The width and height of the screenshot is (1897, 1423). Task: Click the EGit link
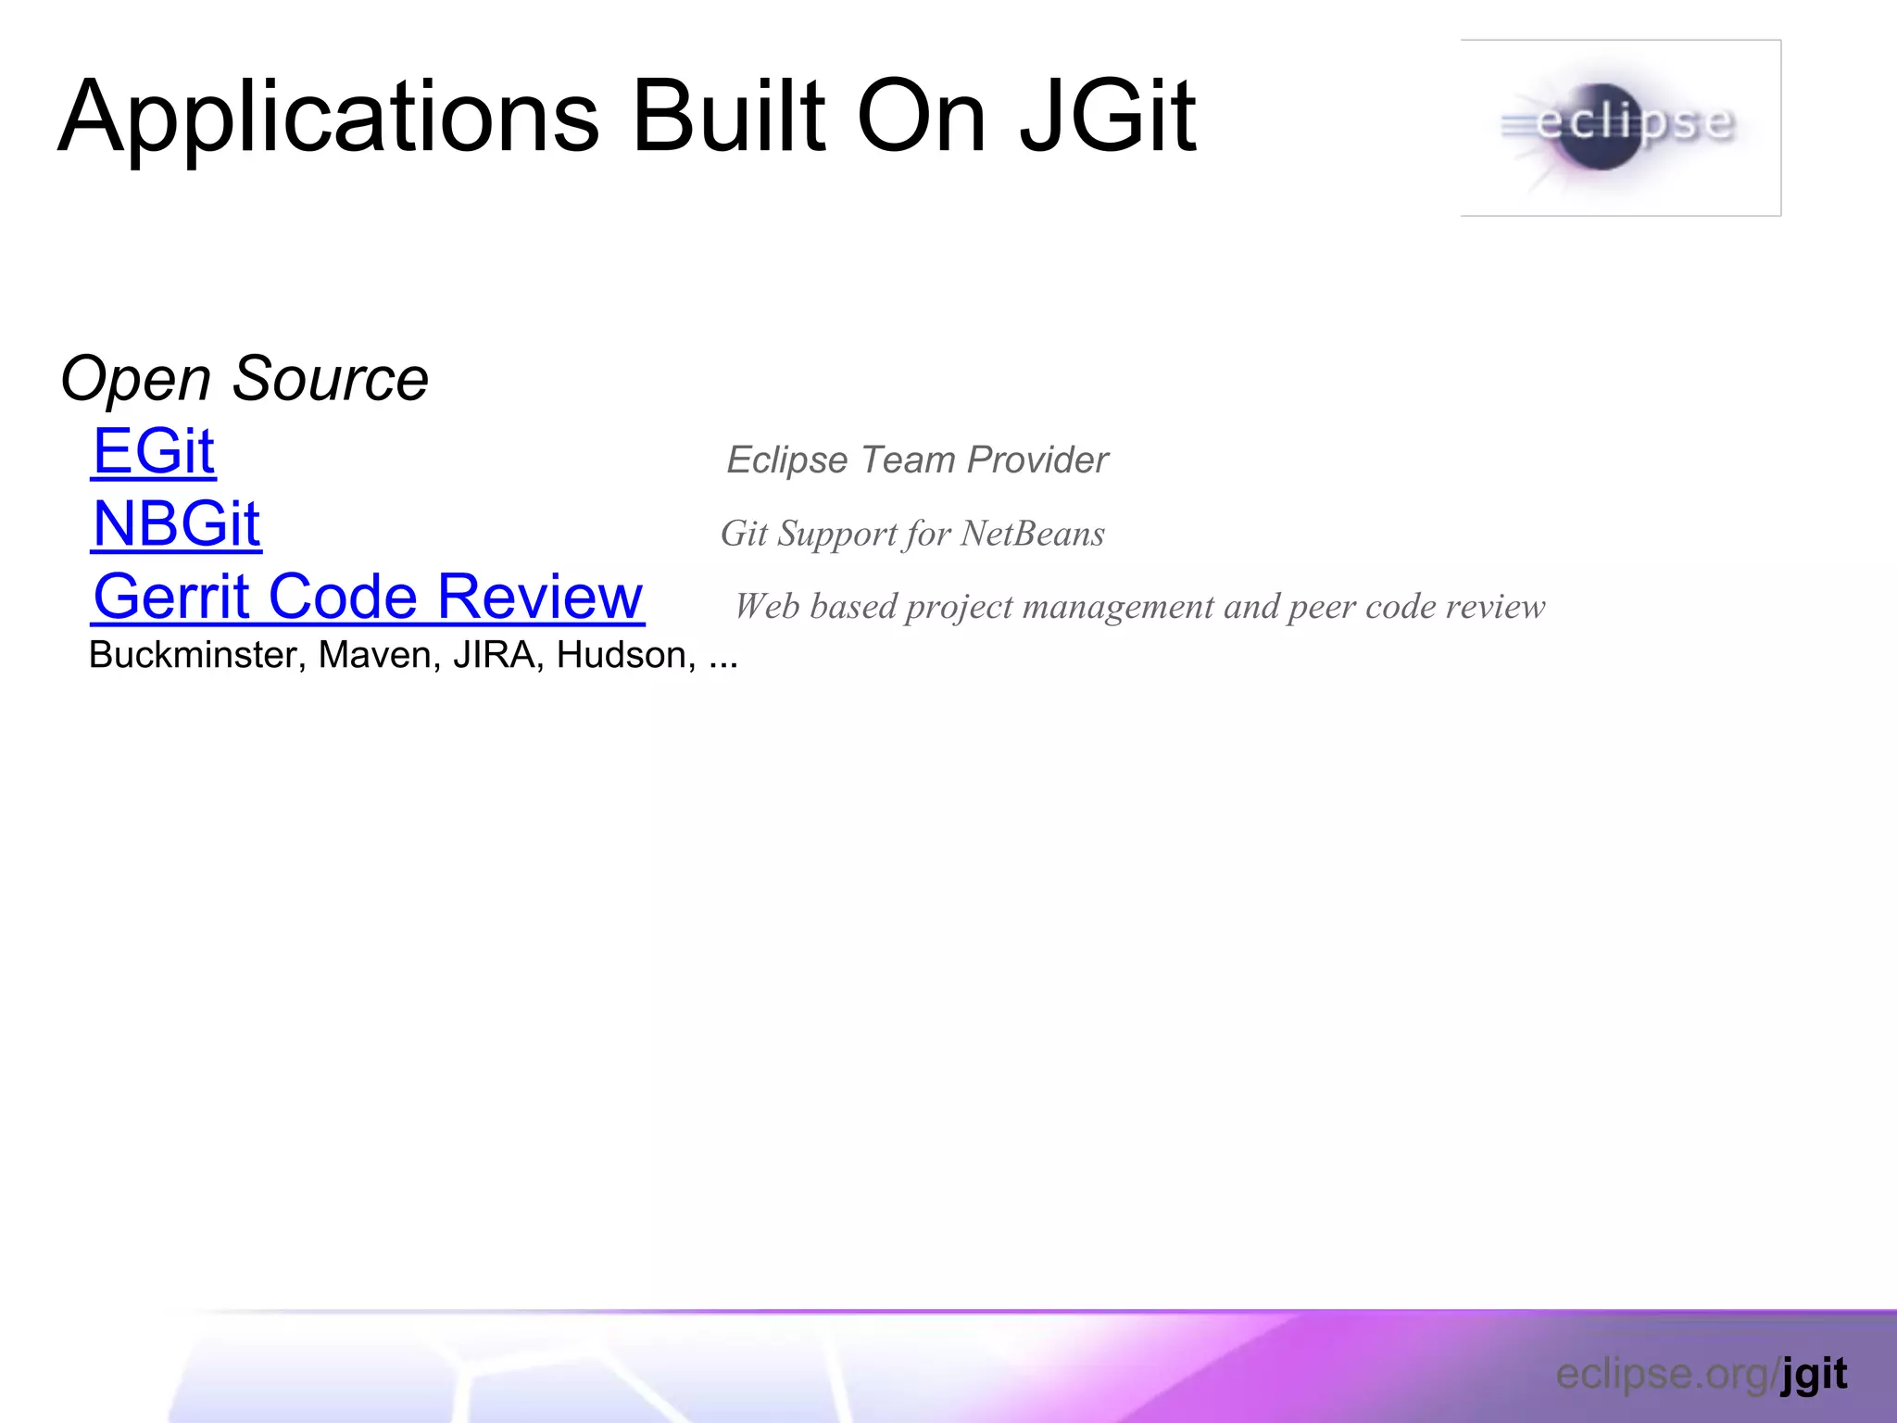(x=154, y=452)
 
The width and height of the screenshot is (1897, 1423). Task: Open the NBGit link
(x=176, y=524)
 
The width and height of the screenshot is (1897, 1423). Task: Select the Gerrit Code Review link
(x=368, y=597)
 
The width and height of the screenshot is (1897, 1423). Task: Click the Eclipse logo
(x=1620, y=128)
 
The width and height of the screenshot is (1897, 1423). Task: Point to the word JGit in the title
(x=1107, y=118)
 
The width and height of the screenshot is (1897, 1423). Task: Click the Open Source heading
(x=245, y=379)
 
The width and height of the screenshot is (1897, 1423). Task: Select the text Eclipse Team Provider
(x=917, y=460)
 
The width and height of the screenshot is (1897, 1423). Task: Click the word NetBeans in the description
(x=1032, y=534)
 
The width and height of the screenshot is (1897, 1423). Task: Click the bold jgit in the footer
(x=1814, y=1374)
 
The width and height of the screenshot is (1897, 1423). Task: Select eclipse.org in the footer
(x=1663, y=1374)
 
